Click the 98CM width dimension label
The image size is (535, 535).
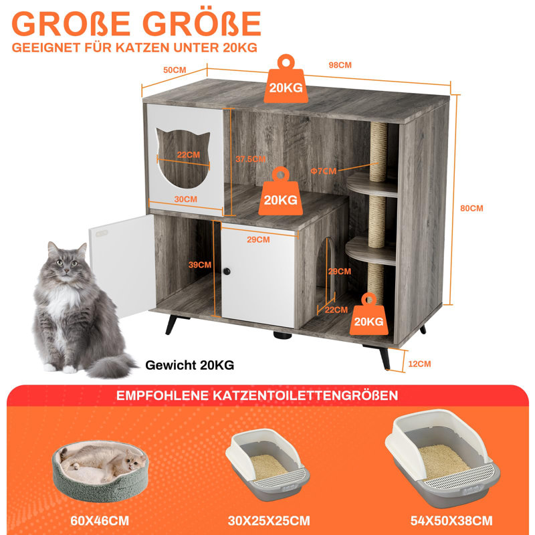[x=340, y=65]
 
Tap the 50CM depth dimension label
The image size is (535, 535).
[x=175, y=70]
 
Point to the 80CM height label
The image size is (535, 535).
[x=471, y=208]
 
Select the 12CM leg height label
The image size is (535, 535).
[x=419, y=364]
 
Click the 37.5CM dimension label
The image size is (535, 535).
[x=250, y=158]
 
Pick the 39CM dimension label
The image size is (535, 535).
[x=199, y=265]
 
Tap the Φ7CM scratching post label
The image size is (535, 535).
[x=324, y=171]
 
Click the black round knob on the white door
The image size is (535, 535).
[x=227, y=272]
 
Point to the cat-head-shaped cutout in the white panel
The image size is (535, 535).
[x=183, y=158]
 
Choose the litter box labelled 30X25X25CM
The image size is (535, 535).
[x=267, y=464]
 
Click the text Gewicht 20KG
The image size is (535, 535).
[x=190, y=365]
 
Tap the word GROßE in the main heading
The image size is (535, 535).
[x=71, y=23]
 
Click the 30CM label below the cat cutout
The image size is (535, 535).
[x=186, y=199]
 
